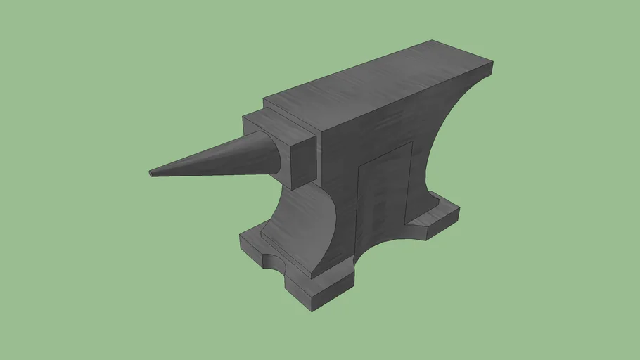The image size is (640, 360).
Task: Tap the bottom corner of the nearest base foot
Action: pyautogui.click(x=313, y=309)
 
